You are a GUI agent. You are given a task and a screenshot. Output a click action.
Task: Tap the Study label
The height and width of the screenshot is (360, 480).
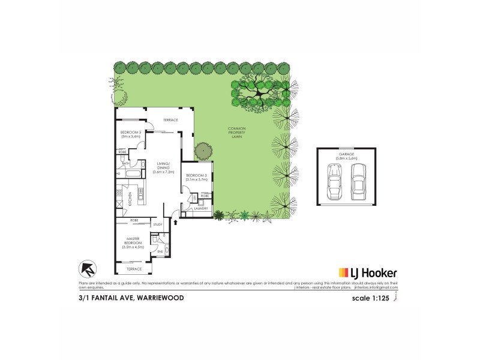pyautogui.click(x=157, y=224)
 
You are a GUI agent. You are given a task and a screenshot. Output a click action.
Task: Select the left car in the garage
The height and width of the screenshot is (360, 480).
pyautogui.click(x=334, y=182)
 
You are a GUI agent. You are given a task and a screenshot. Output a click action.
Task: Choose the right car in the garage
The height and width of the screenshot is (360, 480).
pyautogui.click(x=358, y=182)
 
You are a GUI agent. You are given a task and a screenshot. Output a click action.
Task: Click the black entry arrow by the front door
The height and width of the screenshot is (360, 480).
pyautogui.click(x=175, y=222)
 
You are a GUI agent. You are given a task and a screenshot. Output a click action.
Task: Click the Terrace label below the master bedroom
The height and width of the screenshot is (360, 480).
pyautogui.click(x=133, y=269)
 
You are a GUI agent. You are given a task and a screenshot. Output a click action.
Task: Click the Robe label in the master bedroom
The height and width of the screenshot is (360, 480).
pyautogui.click(x=134, y=220)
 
